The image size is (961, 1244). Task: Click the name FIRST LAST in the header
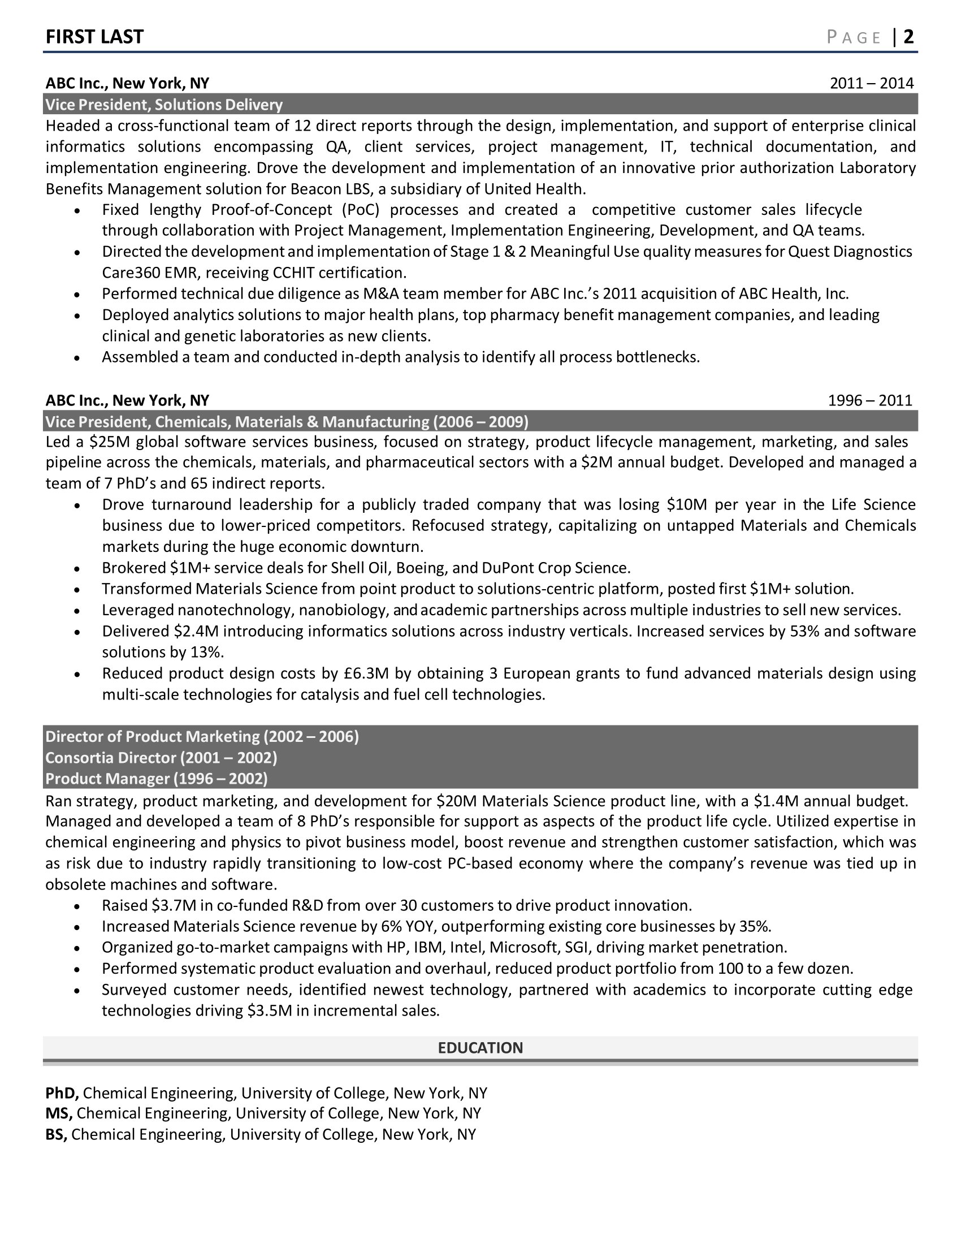pyautogui.click(x=94, y=37)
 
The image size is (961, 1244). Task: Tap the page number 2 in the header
pyautogui.click(x=908, y=37)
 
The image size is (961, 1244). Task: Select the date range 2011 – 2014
pyautogui.click(x=871, y=84)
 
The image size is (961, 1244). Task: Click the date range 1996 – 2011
pyautogui.click(x=870, y=400)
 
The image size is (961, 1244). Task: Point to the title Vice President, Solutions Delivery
pyautogui.click(x=164, y=105)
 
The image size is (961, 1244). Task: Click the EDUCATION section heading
pyautogui.click(x=480, y=1048)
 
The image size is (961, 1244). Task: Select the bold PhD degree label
pyautogui.click(x=62, y=1093)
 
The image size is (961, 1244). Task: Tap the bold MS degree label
pyautogui.click(x=59, y=1113)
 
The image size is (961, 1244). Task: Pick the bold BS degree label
pyautogui.click(x=57, y=1134)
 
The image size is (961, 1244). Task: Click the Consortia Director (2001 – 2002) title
pyautogui.click(x=161, y=758)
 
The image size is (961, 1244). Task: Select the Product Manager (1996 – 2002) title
pyautogui.click(x=157, y=779)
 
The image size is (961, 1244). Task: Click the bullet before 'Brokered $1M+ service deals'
pyautogui.click(x=77, y=569)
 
